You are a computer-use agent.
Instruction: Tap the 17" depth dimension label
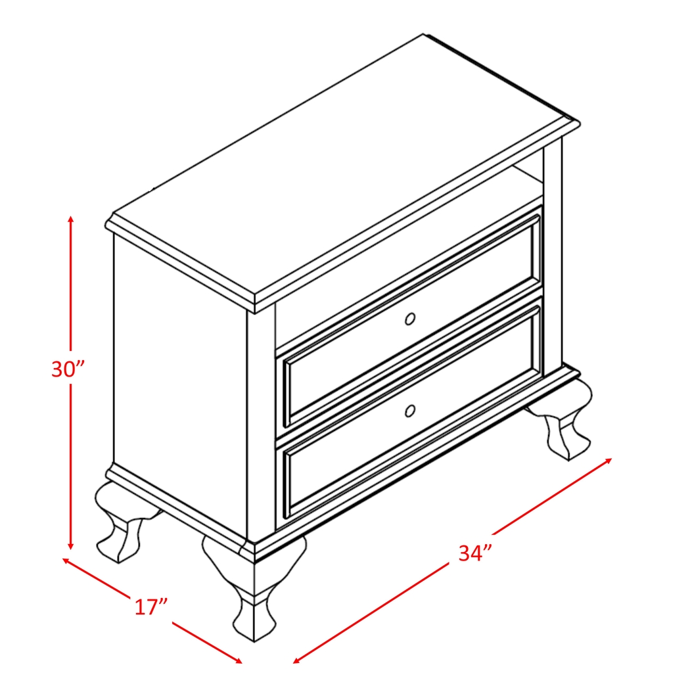[x=151, y=606]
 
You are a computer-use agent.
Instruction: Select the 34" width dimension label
[x=475, y=553]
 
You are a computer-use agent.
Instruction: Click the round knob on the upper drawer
[x=410, y=319]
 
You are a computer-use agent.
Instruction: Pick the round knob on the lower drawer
[x=410, y=411]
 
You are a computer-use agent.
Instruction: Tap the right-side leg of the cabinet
[x=564, y=421]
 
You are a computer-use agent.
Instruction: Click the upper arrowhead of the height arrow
[x=71, y=218]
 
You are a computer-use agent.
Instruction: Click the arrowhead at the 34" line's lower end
[x=296, y=660]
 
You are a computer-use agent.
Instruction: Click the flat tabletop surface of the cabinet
[x=342, y=164]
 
